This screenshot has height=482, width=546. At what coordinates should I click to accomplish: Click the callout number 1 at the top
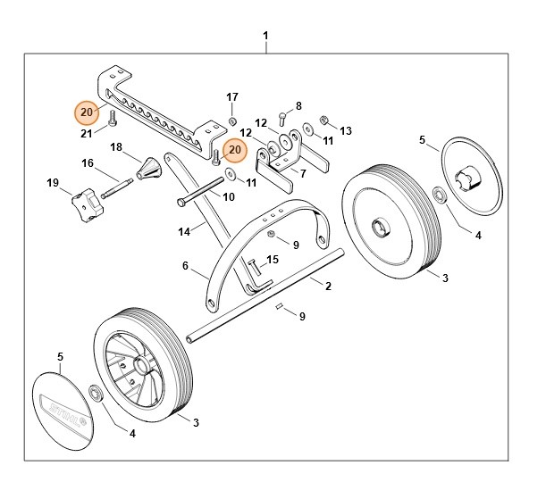[265, 36]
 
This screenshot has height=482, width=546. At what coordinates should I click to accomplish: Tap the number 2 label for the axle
[328, 287]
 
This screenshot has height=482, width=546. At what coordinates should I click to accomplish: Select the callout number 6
[185, 265]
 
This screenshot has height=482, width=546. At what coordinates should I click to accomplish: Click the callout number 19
[53, 183]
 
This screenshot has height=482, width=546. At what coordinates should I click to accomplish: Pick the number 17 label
[231, 96]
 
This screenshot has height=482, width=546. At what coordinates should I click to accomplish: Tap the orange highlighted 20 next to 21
[86, 112]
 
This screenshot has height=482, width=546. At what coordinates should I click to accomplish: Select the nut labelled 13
[325, 120]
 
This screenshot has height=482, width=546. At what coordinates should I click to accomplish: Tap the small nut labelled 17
[231, 120]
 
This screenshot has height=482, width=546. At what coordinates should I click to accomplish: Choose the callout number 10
[228, 196]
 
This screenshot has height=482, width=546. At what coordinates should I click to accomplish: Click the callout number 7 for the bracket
[303, 173]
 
